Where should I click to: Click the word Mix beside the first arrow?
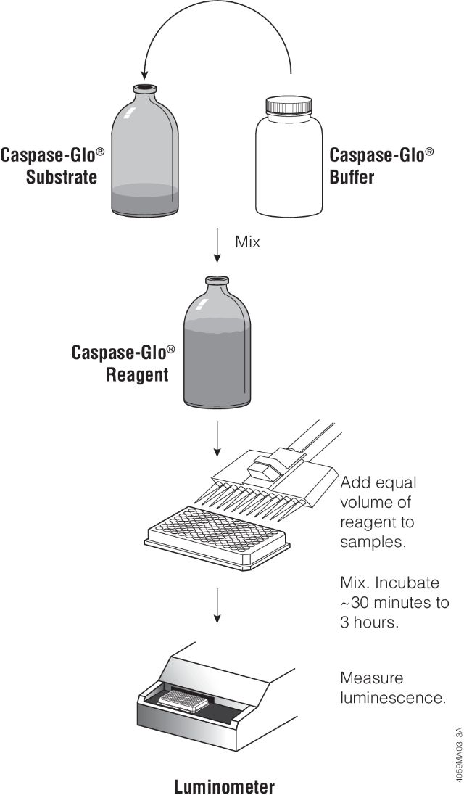(247, 242)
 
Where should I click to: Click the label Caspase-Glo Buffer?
(382, 165)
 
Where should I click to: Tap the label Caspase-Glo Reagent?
(123, 363)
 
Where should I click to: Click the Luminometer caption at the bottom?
(225, 786)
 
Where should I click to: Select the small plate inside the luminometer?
(185, 699)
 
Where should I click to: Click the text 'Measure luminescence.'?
(391, 688)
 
